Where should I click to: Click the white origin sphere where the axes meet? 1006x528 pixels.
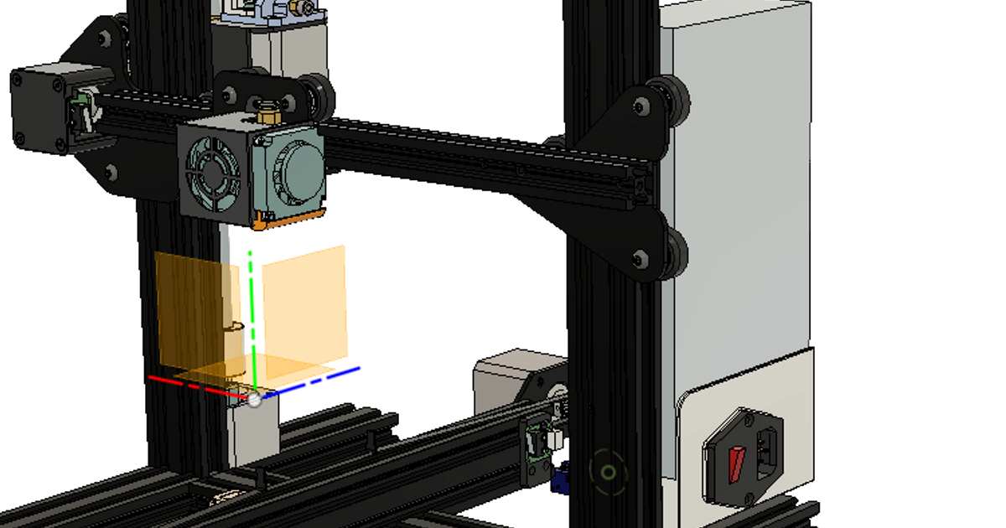coord(254,400)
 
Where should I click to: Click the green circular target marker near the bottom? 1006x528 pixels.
coord(608,472)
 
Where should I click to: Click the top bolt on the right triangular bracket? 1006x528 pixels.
coord(641,106)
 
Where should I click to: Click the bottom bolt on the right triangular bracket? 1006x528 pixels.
coord(641,258)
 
